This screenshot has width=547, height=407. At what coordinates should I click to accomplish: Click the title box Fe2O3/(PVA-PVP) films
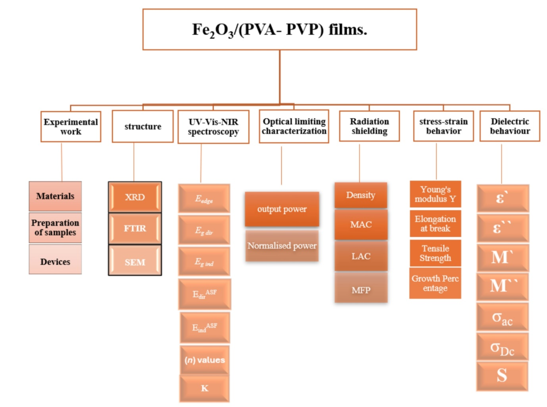[x=279, y=29]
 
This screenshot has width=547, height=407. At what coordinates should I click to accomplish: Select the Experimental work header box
[x=71, y=126]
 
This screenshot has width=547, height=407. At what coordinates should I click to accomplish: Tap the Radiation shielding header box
[x=369, y=126]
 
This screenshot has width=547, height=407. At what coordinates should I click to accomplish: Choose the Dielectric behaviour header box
[x=510, y=126]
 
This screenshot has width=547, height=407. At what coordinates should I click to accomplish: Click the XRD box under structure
[x=135, y=197]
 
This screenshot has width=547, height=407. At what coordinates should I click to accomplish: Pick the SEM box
[x=135, y=262]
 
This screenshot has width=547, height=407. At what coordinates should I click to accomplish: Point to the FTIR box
[x=135, y=228]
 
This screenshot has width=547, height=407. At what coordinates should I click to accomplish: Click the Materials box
[x=55, y=196]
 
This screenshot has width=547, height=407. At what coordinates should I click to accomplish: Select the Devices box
[x=55, y=262]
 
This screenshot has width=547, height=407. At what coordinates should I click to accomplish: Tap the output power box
[x=282, y=209]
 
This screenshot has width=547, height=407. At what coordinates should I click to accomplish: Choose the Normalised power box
[x=282, y=246]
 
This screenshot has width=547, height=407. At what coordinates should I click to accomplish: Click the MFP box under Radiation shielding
[x=361, y=290]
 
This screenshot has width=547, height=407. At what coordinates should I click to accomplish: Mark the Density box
[x=361, y=195]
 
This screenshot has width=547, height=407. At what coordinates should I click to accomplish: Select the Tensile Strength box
[x=435, y=253]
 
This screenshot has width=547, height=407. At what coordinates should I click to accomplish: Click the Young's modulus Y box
[x=435, y=194]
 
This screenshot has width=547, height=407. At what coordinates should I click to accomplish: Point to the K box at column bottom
[x=204, y=388]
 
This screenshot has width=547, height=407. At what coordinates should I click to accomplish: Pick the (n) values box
[x=205, y=360]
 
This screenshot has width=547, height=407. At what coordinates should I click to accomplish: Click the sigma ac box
[x=502, y=318]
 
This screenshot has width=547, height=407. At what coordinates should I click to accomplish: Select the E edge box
[x=204, y=199]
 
